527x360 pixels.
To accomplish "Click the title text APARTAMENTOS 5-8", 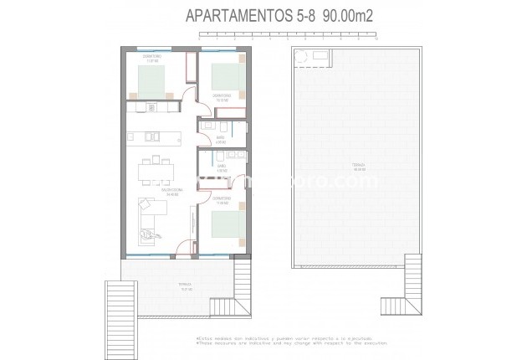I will pyautogui.click(x=239, y=14).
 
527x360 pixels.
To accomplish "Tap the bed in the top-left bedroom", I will pyautogui.click(x=153, y=80).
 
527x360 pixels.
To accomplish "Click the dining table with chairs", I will pyautogui.click(x=156, y=170).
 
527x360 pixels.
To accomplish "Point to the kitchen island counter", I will pyautogui.click(x=154, y=136).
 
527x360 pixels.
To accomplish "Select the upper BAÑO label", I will pyautogui.click(x=221, y=139).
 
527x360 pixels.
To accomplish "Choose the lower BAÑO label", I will pyautogui.click(x=222, y=167).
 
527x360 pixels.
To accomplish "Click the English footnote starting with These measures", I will pyautogui.click(x=271, y=342).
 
